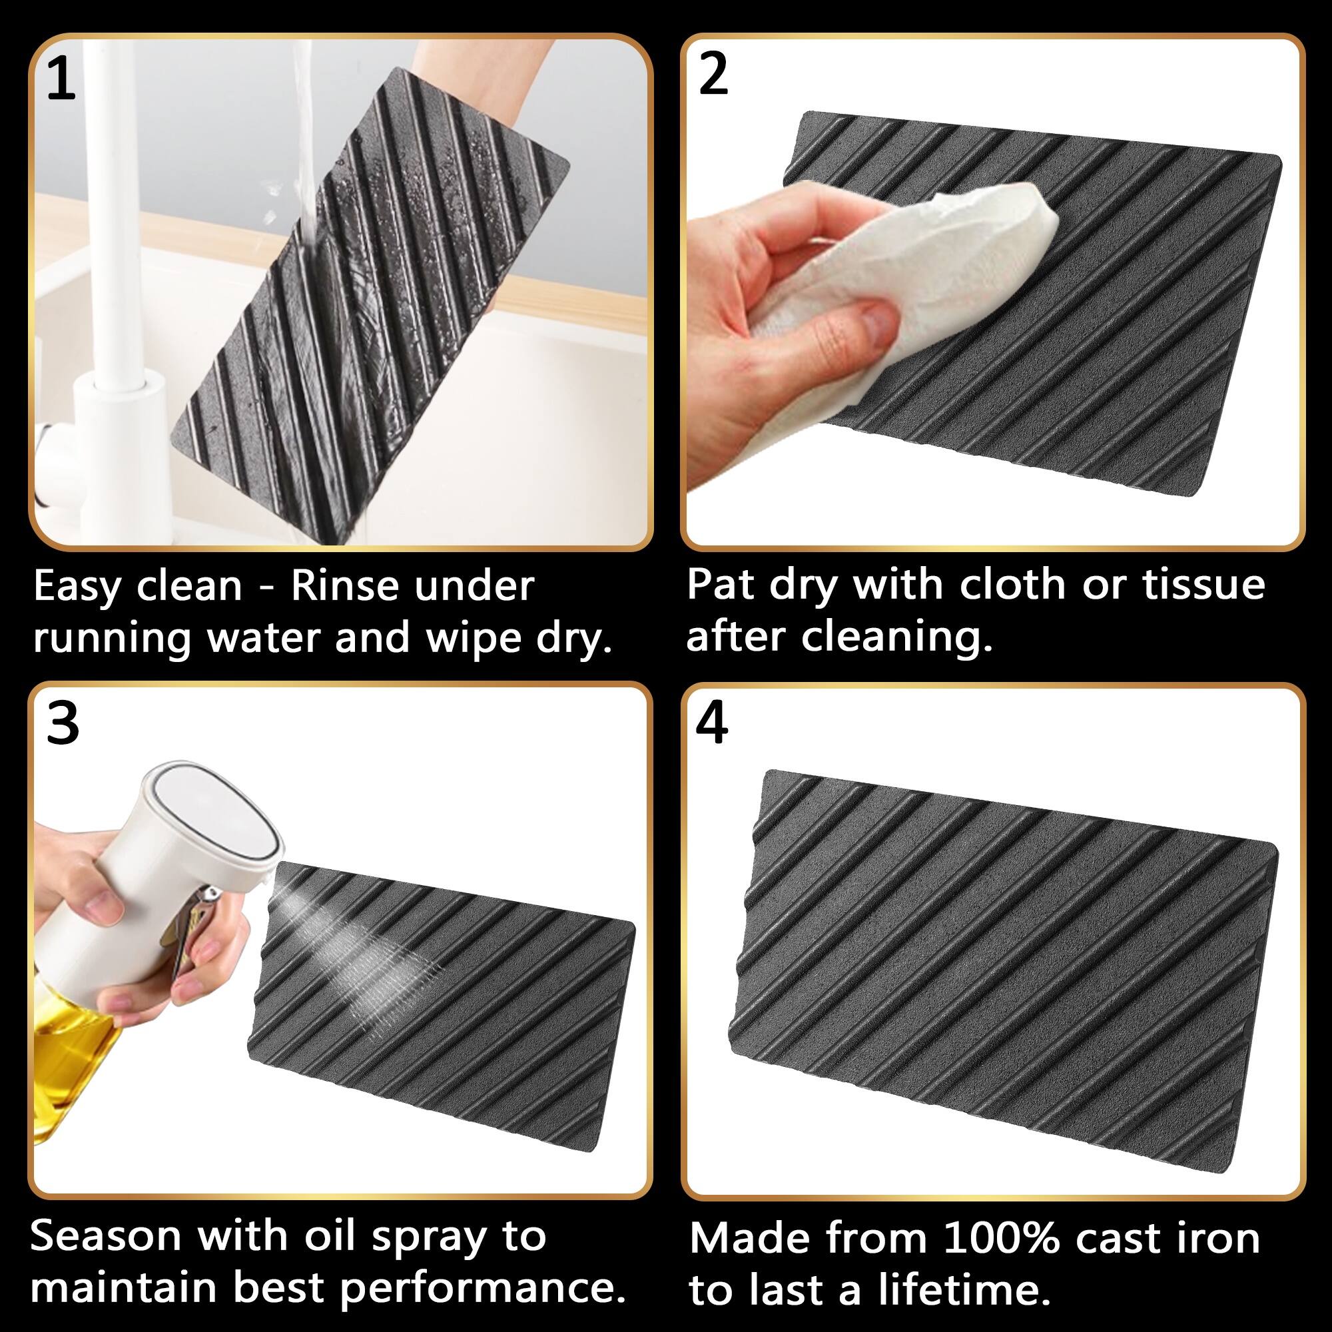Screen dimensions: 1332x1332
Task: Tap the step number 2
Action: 713,74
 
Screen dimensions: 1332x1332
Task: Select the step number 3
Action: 63,725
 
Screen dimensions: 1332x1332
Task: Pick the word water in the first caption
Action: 266,639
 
